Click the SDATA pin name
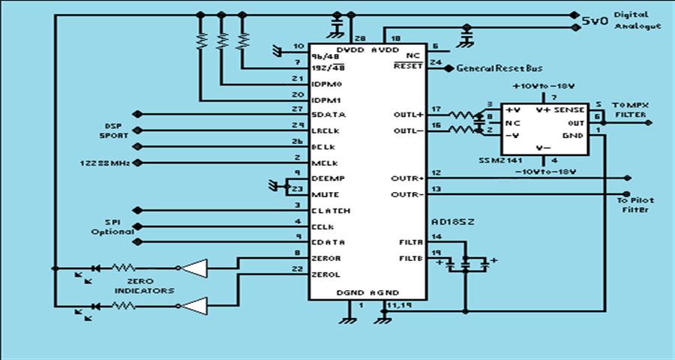(x=327, y=115)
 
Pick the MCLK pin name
(x=322, y=163)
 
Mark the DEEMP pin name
(x=325, y=179)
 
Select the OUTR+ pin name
(x=408, y=178)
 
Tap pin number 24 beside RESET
(x=435, y=63)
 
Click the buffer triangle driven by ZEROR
(x=193, y=267)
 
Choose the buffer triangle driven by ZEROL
(x=193, y=306)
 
